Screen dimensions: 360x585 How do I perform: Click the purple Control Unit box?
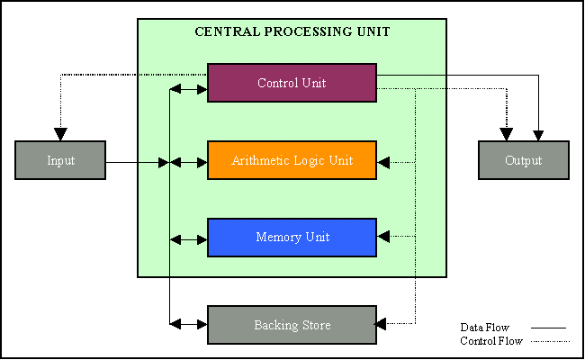292,83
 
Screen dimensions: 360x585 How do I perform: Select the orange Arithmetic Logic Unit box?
292,160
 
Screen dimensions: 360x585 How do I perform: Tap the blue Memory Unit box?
292,238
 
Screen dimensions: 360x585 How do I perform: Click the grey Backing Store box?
292,325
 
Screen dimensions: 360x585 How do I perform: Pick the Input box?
60,160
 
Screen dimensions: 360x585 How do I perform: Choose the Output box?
523,160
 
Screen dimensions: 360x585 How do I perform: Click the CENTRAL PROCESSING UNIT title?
292,31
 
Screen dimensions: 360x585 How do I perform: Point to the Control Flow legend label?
490,341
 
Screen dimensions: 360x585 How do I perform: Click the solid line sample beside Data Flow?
549,328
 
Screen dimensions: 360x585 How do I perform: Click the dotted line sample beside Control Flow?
549,342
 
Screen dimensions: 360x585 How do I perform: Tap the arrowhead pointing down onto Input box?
60,134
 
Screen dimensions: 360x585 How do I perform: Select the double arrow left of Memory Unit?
189,239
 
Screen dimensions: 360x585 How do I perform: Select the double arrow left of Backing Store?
189,322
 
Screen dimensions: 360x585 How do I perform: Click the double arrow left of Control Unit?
189,88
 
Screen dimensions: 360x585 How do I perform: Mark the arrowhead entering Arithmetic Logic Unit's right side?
383,163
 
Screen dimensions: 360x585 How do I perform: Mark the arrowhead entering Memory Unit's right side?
383,237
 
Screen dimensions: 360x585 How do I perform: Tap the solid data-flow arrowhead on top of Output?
538,135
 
